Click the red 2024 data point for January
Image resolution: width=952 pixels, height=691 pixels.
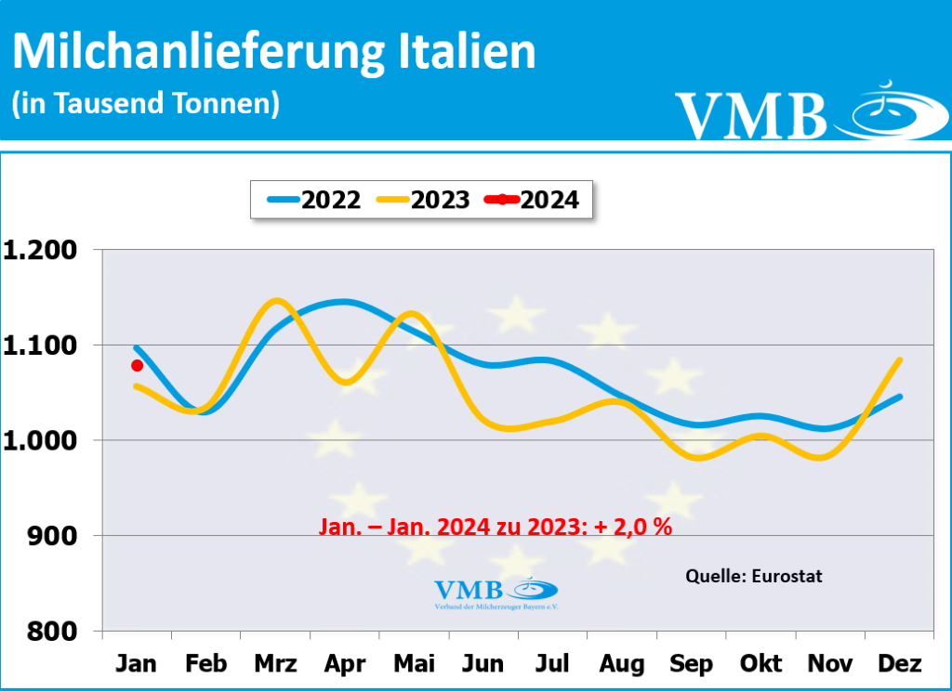[x=138, y=365]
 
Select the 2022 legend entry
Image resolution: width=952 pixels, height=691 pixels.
[x=313, y=200]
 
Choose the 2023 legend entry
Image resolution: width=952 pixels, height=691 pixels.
[x=422, y=200]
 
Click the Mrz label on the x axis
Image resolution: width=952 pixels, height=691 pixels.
[x=275, y=664]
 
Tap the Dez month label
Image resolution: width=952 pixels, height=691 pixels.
[x=899, y=664]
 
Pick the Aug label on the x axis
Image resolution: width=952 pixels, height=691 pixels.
[x=622, y=664]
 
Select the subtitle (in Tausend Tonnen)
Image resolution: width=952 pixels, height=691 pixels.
[x=145, y=103]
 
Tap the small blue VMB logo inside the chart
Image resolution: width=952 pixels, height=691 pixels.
[x=496, y=592]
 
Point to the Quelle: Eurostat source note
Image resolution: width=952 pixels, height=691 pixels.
[x=753, y=576]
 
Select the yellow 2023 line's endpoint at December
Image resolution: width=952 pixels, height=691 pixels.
[x=899, y=359]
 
